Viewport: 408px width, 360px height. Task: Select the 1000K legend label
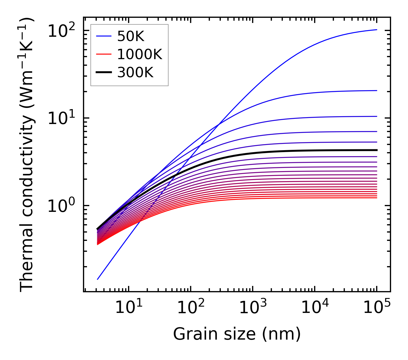coord(140,54)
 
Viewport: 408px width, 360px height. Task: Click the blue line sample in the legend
coord(103,36)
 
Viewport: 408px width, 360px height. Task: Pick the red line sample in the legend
coord(103,54)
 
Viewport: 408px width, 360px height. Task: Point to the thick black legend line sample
coord(103,73)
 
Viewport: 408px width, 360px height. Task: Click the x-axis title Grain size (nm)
coord(237,334)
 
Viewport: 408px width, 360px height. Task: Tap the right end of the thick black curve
coord(376,150)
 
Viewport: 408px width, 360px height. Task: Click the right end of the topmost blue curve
coord(376,30)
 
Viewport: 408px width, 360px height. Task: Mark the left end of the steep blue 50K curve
coord(98,279)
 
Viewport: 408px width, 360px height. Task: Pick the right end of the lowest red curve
coord(376,198)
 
